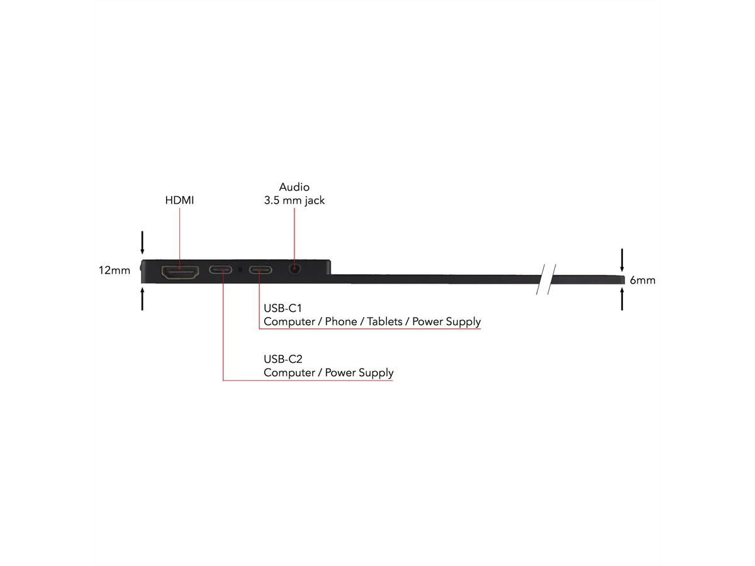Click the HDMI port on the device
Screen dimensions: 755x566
pyautogui.click(x=180, y=272)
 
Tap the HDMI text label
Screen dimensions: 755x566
pyautogui.click(x=179, y=200)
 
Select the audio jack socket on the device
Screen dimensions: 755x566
pyautogui.click(x=294, y=269)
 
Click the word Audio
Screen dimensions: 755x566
pyautogui.click(x=294, y=187)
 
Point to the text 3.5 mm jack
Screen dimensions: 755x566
pyautogui.click(x=294, y=201)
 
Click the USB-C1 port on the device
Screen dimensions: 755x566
pyautogui.click(x=260, y=270)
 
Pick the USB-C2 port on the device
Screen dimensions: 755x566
pyautogui.click(x=220, y=270)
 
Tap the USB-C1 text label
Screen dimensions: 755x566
pyautogui.click(x=282, y=308)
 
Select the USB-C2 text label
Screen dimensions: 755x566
pyautogui.click(x=282, y=359)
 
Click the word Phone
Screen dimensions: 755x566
pyautogui.click(x=340, y=321)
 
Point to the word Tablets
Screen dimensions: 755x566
pyautogui.click(x=384, y=321)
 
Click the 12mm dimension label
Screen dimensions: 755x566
pyautogui.click(x=115, y=270)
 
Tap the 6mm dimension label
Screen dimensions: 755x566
pyautogui.click(x=642, y=280)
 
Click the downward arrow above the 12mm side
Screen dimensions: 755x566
pyautogui.click(x=142, y=243)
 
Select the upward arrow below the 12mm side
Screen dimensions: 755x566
pyautogui.click(x=142, y=299)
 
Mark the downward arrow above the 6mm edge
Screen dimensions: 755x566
pyautogui.click(x=622, y=260)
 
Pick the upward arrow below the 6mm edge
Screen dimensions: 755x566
pyautogui.click(x=622, y=299)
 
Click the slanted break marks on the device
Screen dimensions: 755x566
pyautogui.click(x=546, y=279)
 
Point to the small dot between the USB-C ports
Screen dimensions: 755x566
pyautogui.click(x=240, y=269)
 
